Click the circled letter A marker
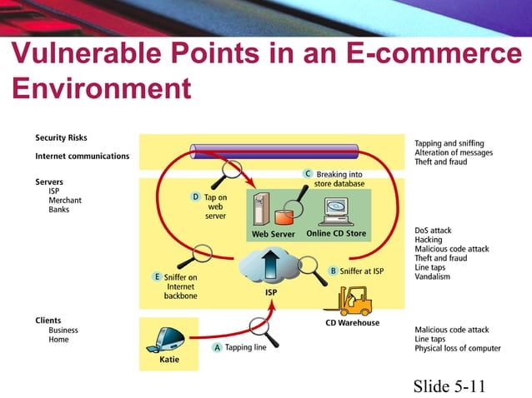tap(218, 348)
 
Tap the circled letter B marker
tap(333, 271)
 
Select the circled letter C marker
tap(308, 173)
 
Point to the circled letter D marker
tap(196, 197)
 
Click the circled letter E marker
tap(156, 276)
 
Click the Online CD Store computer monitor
tap(336, 211)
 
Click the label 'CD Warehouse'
tap(352, 323)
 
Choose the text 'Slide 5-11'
tap(449, 386)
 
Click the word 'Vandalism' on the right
tap(433, 276)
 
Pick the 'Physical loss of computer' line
tap(457, 348)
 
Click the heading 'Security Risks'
tap(61, 137)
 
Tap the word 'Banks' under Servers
tap(59, 209)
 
